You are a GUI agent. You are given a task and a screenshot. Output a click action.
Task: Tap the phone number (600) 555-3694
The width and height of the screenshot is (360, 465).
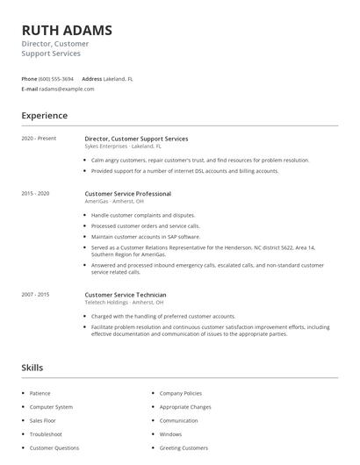pyautogui.click(x=57, y=78)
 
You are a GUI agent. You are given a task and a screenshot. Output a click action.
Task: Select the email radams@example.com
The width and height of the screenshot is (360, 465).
pyautogui.click(x=67, y=89)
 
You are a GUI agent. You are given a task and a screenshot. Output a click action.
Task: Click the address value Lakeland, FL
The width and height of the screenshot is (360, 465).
pyautogui.click(x=118, y=78)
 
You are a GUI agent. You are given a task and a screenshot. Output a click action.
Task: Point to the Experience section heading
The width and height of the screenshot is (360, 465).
pyautogui.click(x=44, y=115)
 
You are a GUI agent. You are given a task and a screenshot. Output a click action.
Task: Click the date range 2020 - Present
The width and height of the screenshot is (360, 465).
pyautogui.click(x=39, y=139)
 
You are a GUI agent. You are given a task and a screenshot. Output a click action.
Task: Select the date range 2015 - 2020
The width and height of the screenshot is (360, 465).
pyautogui.click(x=36, y=193)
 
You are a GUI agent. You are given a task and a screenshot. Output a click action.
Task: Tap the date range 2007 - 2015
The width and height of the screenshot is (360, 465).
pyautogui.click(x=36, y=295)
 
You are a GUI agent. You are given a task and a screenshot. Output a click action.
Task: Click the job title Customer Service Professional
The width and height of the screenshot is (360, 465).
pyautogui.click(x=127, y=193)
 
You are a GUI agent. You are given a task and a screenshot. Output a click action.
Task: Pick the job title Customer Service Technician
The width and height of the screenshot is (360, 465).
pyautogui.click(x=126, y=295)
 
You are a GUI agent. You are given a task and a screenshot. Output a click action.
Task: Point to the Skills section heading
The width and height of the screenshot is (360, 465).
pyautogui.click(x=32, y=368)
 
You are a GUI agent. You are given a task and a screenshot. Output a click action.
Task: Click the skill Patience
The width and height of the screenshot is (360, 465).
pyautogui.click(x=40, y=394)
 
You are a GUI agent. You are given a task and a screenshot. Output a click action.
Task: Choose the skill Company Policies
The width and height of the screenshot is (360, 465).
pyautogui.click(x=180, y=394)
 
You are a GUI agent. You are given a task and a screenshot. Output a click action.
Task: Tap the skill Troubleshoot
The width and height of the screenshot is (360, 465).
pyautogui.click(x=46, y=434)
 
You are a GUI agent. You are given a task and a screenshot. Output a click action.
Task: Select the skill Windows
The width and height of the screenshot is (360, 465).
pyautogui.click(x=170, y=434)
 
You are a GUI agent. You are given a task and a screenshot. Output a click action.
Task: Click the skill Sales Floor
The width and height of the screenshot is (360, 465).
pyautogui.click(x=45, y=421)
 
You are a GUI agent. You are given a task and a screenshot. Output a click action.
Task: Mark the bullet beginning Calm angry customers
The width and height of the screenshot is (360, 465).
pyautogui.click(x=199, y=161)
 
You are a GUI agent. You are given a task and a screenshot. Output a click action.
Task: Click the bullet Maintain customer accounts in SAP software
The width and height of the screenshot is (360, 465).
pyautogui.click(x=146, y=236)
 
